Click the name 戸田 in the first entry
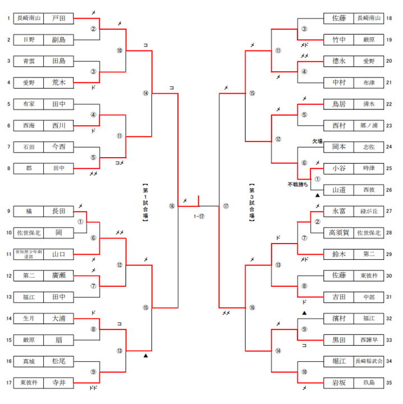pos(58,19)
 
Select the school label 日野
pos(28,40)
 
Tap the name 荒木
pos(58,82)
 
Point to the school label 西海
pos(28,125)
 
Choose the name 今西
pos(58,146)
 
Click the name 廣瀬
pos(58,276)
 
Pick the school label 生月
pos(28,319)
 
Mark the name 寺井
pos(58,383)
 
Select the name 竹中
pos(339,40)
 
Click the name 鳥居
pos(339,104)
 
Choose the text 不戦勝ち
pos(298,184)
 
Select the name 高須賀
pos(339,232)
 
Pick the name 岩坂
pos(339,383)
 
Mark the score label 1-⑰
pos(199,215)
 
